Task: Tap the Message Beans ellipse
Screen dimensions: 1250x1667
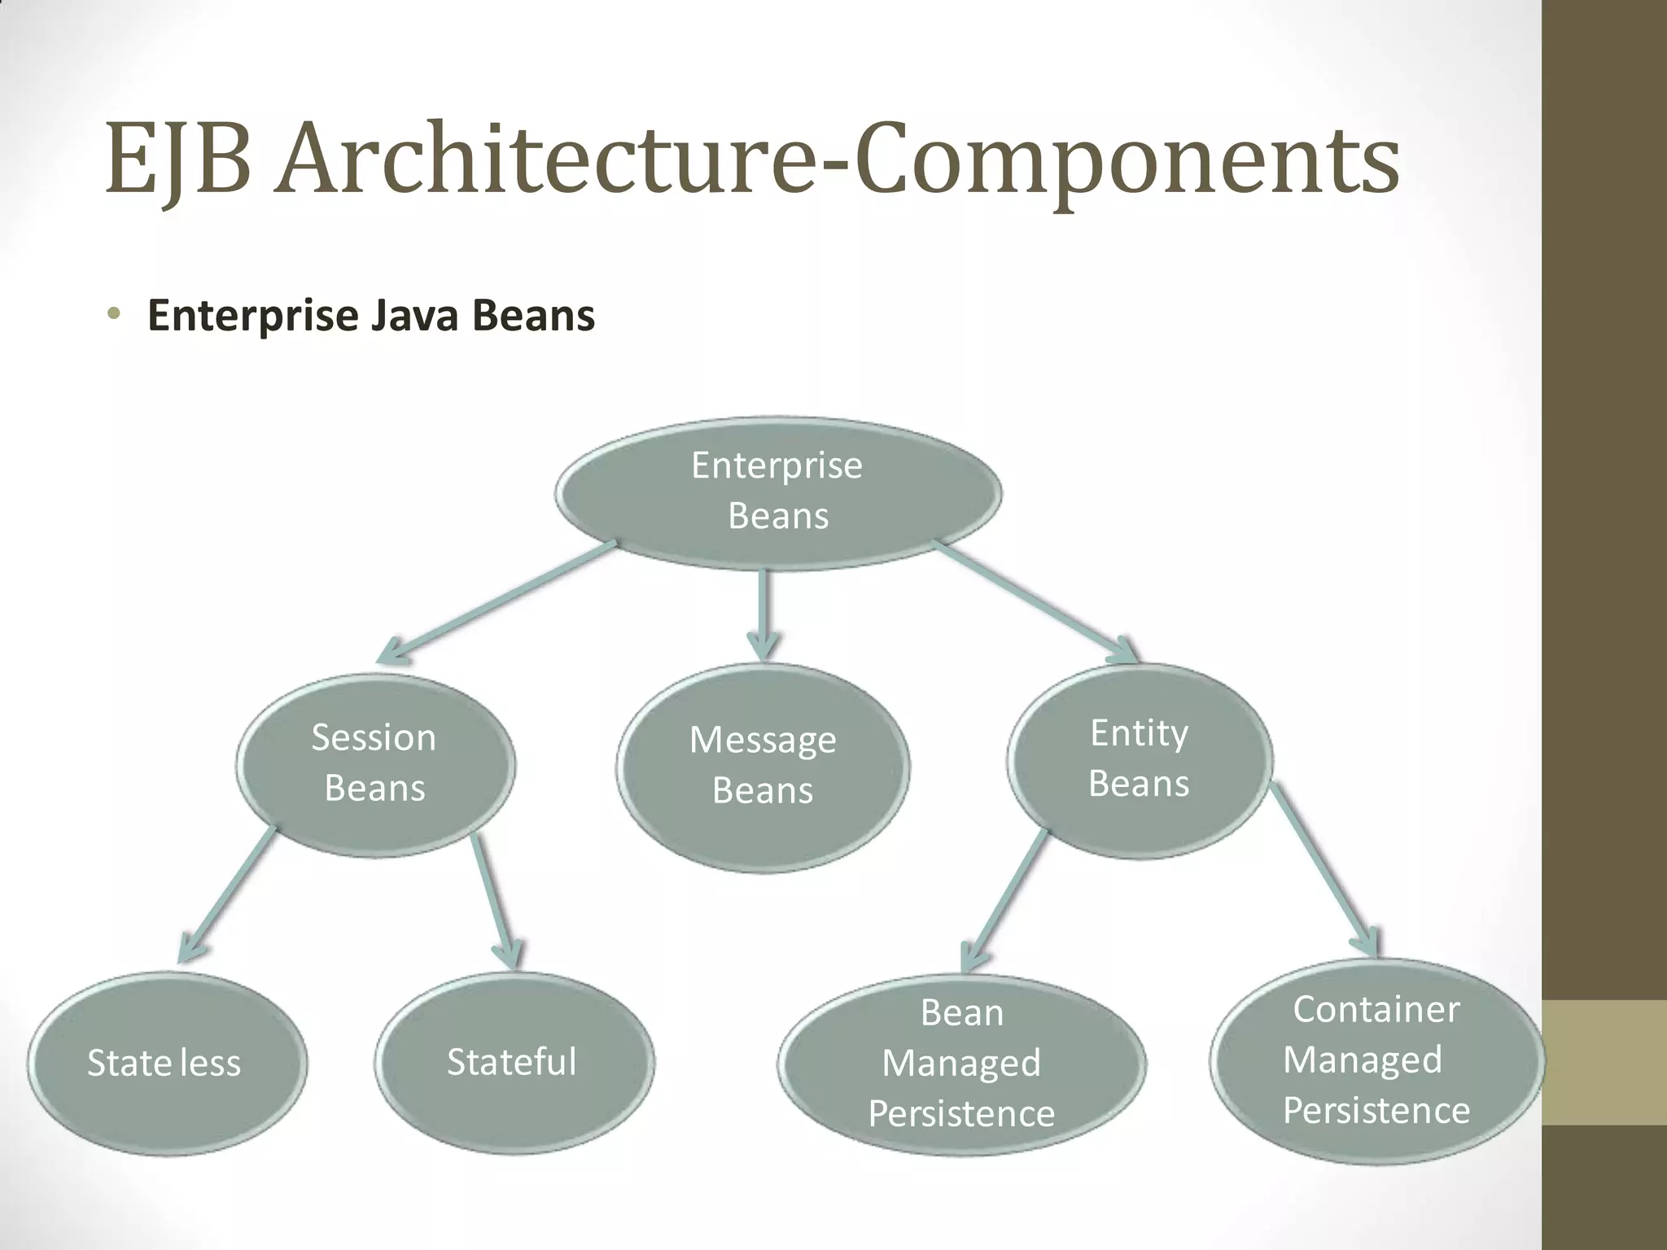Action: click(763, 767)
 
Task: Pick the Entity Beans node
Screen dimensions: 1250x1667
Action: click(1139, 758)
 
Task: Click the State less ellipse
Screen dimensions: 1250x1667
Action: click(167, 1063)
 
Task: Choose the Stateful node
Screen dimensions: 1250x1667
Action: click(514, 1061)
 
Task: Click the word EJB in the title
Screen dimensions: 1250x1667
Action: click(177, 160)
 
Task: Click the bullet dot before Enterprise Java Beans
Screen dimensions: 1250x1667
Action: click(114, 314)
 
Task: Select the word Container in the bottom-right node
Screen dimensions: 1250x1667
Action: click(1376, 1010)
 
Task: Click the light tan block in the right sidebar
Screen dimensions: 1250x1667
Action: click(1604, 1062)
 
